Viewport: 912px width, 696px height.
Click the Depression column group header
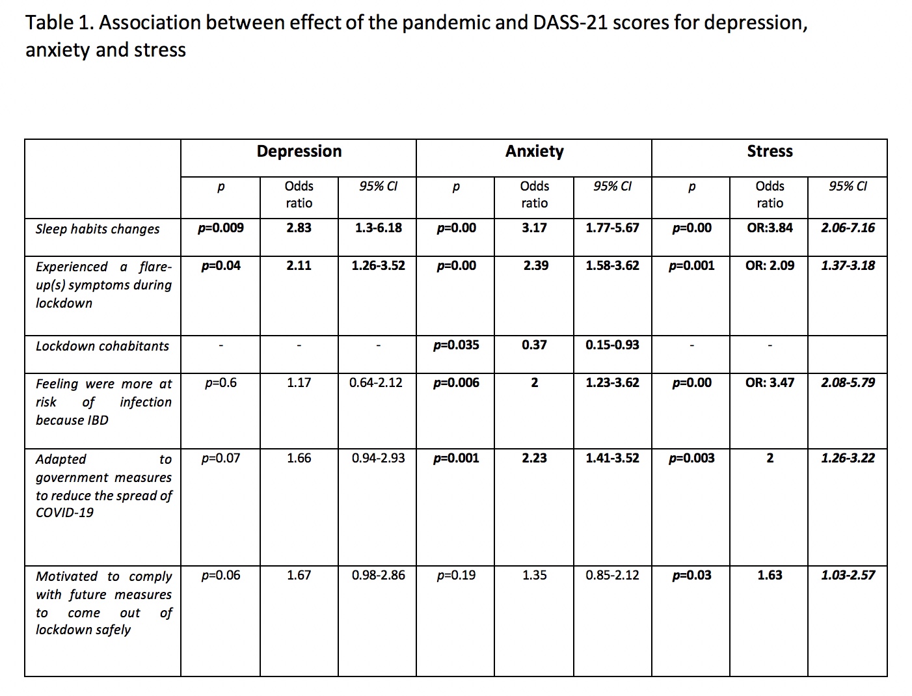tap(299, 152)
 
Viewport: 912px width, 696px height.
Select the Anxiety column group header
tap(534, 152)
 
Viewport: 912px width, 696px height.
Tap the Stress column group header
tap(770, 151)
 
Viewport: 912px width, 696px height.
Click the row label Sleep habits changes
tap(97, 229)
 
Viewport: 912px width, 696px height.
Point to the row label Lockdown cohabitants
tap(102, 346)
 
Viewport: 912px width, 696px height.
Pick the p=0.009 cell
tap(221, 228)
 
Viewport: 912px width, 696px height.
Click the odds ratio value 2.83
tap(299, 228)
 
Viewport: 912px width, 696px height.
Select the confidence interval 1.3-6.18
tap(379, 228)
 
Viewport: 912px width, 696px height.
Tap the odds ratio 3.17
tap(534, 228)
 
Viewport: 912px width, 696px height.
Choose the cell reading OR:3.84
tap(770, 228)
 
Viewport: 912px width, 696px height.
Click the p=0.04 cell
tap(221, 266)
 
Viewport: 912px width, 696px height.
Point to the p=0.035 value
tap(456, 345)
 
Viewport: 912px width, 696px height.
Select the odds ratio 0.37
tap(534, 345)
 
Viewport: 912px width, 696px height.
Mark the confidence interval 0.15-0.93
tap(612, 345)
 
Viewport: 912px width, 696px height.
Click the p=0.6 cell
tap(221, 383)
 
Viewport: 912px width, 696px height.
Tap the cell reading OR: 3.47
tap(770, 383)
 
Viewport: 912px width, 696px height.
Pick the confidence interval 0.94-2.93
tap(379, 459)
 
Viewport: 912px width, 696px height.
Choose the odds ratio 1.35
tap(534, 576)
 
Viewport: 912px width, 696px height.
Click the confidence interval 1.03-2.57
tap(848, 576)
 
